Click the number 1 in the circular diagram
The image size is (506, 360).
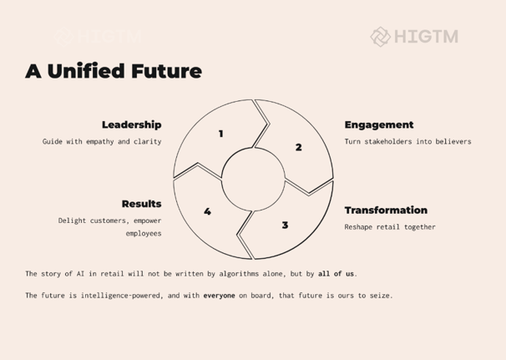point(221,134)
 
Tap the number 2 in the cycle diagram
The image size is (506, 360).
point(298,147)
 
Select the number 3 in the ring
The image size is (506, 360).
point(285,225)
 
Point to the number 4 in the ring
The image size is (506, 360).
point(208,211)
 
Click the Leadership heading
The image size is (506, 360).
point(132,125)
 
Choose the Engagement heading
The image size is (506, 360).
point(379,125)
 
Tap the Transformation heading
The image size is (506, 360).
point(386,210)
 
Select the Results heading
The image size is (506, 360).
point(142,204)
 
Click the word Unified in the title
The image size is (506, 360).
point(86,71)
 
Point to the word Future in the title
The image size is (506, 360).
point(166,71)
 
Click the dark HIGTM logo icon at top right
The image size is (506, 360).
point(381,37)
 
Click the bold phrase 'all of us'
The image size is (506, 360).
point(336,274)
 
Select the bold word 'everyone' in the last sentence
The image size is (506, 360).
point(219,296)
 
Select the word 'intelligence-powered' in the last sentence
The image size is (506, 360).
point(120,296)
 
